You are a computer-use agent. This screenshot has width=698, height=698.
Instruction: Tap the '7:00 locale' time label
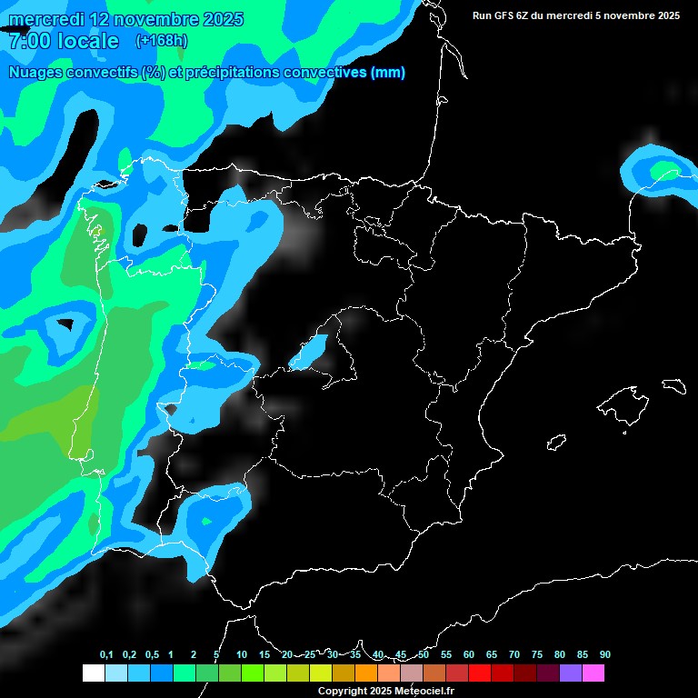point(64,41)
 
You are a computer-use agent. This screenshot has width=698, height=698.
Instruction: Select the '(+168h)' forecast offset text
point(161,40)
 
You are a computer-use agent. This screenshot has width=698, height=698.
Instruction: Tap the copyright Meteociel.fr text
point(384,691)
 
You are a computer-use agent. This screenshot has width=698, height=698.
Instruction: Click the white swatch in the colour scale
point(93,673)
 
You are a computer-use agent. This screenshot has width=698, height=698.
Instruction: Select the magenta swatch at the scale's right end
point(593,673)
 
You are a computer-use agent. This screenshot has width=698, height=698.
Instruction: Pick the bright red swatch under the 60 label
point(479,673)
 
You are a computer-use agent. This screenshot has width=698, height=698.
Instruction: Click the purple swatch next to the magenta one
point(571,673)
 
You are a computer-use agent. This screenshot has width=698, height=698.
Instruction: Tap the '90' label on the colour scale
point(605,654)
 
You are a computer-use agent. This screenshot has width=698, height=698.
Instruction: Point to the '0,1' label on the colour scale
point(106,654)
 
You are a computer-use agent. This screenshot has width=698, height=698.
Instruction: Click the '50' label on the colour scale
point(424,654)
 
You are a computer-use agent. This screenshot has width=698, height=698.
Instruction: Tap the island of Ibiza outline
point(557,443)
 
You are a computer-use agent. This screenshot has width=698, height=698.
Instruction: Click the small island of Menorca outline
point(673,385)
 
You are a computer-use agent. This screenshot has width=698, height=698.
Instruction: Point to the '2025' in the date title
point(218,19)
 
